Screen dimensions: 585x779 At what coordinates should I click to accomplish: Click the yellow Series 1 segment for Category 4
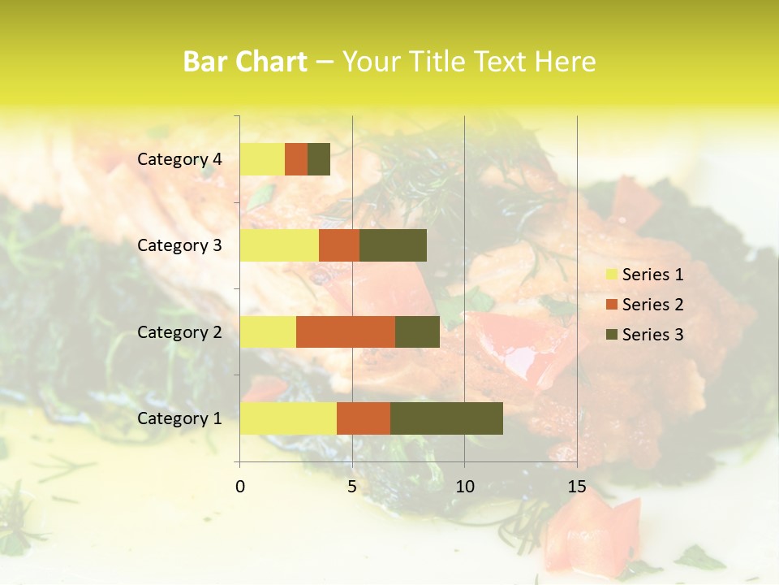pyautogui.click(x=262, y=159)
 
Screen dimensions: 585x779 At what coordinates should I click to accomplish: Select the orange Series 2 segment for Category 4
pyautogui.click(x=296, y=159)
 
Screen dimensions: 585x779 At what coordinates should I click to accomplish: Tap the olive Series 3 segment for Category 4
pyautogui.click(x=319, y=159)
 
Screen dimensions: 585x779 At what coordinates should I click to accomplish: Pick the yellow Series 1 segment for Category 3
pyautogui.click(x=279, y=245)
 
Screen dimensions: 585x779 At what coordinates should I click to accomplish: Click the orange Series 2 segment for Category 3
pyautogui.click(x=339, y=245)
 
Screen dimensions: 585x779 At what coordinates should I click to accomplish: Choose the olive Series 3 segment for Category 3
pyautogui.click(x=393, y=245)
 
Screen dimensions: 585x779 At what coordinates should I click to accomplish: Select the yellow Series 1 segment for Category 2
pyautogui.click(x=268, y=331)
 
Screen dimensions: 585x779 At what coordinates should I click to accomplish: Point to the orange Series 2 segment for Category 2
pyautogui.click(x=346, y=331)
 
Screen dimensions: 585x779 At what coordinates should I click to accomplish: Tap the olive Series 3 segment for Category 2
pyautogui.click(x=417, y=331)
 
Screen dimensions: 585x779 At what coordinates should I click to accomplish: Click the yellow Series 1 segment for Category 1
pyautogui.click(x=288, y=418)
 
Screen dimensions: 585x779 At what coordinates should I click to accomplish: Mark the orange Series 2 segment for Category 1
pyautogui.click(x=364, y=418)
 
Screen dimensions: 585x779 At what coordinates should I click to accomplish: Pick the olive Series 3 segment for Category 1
pyautogui.click(x=446, y=418)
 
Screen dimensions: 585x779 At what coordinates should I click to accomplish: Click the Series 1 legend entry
pyautogui.click(x=644, y=275)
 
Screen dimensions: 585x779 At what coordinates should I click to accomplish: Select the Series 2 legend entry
pyautogui.click(x=644, y=305)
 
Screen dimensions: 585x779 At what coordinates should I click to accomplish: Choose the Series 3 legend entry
pyautogui.click(x=644, y=335)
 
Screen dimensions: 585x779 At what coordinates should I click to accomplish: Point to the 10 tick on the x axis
pyautogui.click(x=464, y=487)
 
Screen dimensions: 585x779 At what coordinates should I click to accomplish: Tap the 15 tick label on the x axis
pyautogui.click(x=577, y=487)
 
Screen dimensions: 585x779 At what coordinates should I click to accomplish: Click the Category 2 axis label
pyautogui.click(x=179, y=331)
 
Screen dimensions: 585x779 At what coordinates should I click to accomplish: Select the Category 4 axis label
pyautogui.click(x=179, y=159)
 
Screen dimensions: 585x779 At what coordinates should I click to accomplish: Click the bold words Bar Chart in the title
pyautogui.click(x=245, y=62)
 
